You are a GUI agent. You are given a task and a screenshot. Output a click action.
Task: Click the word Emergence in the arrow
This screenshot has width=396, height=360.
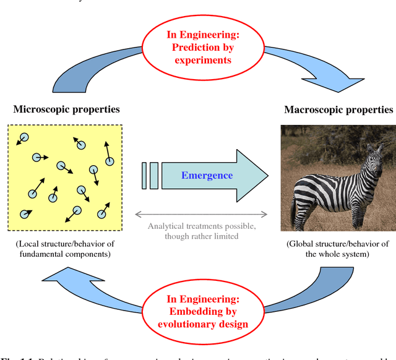pos(207,176)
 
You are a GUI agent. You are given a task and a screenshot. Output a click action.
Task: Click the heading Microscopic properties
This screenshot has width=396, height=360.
pos(66,109)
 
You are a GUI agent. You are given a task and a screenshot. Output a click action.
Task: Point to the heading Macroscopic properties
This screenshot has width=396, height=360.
pos(338,109)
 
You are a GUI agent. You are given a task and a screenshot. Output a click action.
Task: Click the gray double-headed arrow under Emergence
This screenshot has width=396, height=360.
pos(201,215)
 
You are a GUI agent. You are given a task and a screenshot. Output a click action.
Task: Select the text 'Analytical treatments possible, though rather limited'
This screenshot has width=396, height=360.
pos(201,231)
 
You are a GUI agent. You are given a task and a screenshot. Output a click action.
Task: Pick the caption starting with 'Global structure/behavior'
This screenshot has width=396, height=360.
pos(338,249)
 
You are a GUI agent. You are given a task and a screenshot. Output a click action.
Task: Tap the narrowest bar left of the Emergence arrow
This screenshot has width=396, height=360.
pos(144,176)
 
